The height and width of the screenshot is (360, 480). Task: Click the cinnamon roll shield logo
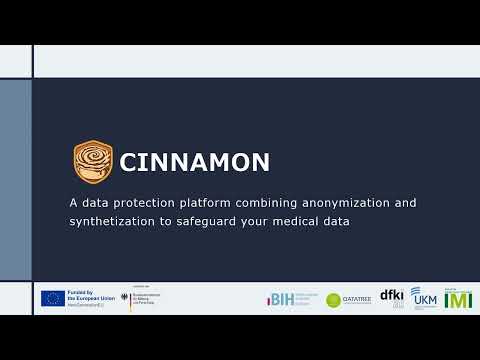[93, 160]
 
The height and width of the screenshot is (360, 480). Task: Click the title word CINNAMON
[195, 161]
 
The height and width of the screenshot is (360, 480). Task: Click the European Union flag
[53, 298]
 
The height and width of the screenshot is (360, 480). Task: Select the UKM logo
[423, 298]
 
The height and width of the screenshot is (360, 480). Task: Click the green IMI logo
[458, 298]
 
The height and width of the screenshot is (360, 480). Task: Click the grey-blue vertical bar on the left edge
[15, 179]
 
